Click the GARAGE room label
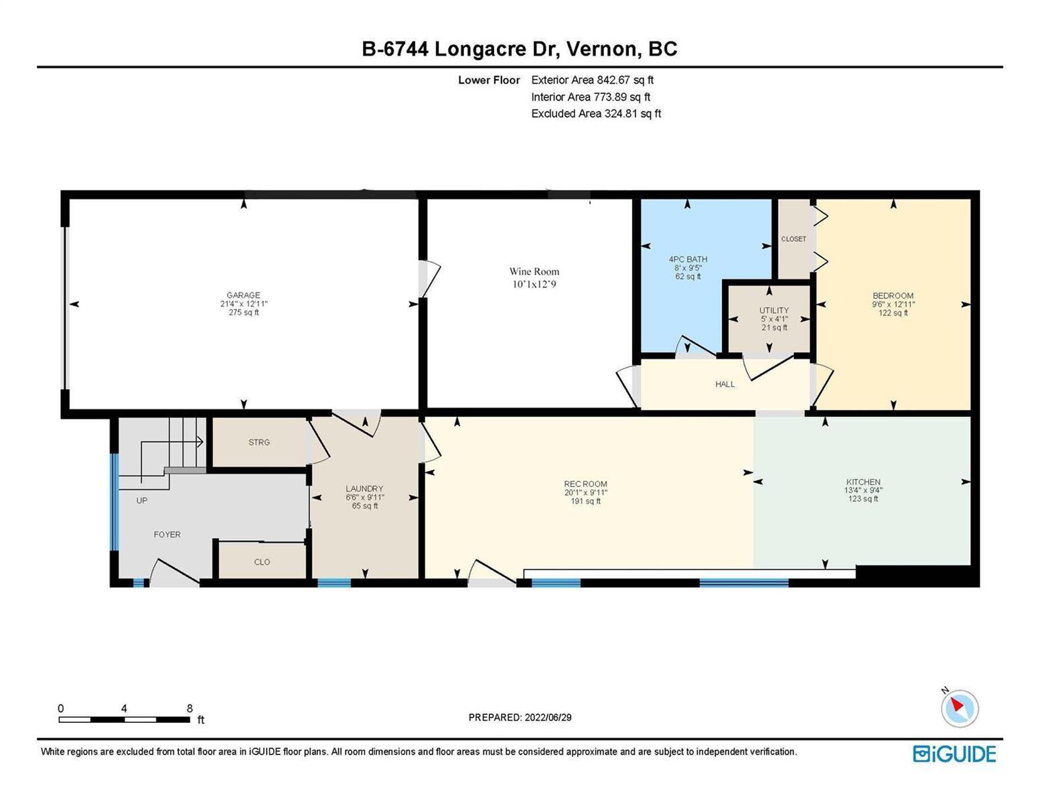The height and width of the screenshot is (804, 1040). [243, 295]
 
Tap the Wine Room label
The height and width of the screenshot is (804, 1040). [534, 271]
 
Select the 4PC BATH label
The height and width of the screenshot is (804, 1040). [688, 259]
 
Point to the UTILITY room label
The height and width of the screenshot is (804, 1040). [774, 310]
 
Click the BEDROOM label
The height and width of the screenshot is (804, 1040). [893, 295]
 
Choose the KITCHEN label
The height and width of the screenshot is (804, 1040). [863, 482]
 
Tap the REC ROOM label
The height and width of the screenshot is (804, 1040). [585, 484]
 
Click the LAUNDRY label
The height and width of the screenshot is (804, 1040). [365, 488]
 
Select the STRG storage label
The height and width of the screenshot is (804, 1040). [259, 442]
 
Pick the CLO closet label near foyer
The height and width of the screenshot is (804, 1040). [262, 561]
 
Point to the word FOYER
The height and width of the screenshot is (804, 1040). [167, 535]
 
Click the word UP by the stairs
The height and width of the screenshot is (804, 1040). [142, 500]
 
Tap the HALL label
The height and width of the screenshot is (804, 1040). [725, 384]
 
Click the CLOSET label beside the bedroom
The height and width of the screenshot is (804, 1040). [794, 239]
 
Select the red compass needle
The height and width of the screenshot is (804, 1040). [957, 704]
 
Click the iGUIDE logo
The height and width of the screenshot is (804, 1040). [955, 754]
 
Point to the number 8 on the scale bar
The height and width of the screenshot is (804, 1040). [190, 709]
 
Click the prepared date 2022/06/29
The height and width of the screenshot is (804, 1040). [548, 718]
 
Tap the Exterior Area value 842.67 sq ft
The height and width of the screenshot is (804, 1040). [625, 80]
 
